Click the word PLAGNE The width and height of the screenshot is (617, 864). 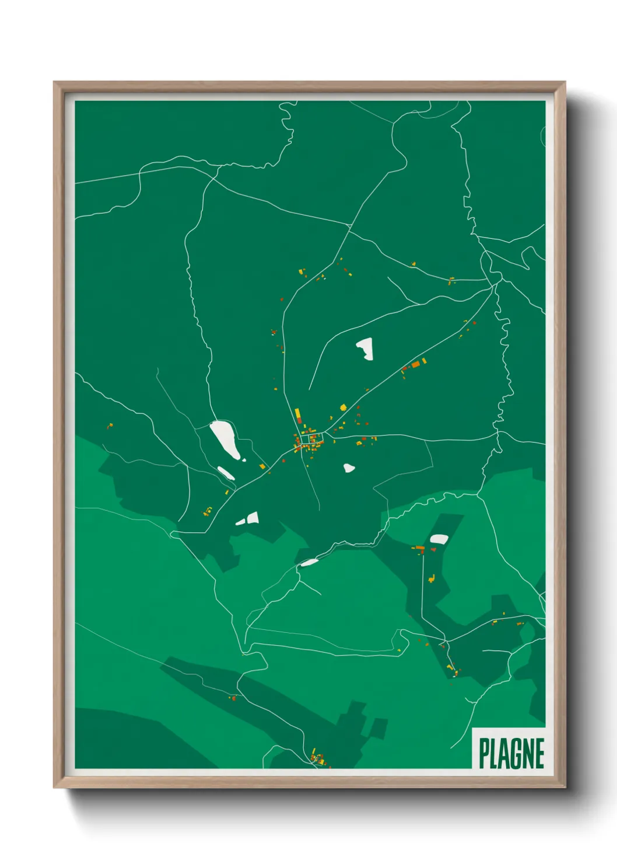[x=511, y=753]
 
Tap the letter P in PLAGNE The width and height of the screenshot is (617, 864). [x=484, y=753]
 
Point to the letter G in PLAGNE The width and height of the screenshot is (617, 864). [x=515, y=753]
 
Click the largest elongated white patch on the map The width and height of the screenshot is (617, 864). [x=225, y=439]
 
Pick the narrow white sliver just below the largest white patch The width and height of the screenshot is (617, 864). [x=226, y=473]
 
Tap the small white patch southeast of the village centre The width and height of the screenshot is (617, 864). [x=349, y=468]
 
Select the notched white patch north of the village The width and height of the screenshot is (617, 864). [x=365, y=349]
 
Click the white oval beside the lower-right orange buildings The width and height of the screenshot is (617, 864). [x=439, y=539]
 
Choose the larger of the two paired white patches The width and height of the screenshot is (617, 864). [x=252, y=518]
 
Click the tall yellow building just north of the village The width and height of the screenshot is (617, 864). [x=297, y=414]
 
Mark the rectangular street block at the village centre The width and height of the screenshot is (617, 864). [x=311, y=438]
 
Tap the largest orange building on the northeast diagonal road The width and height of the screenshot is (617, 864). [x=416, y=364]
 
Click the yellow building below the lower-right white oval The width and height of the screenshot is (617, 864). [x=432, y=579]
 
